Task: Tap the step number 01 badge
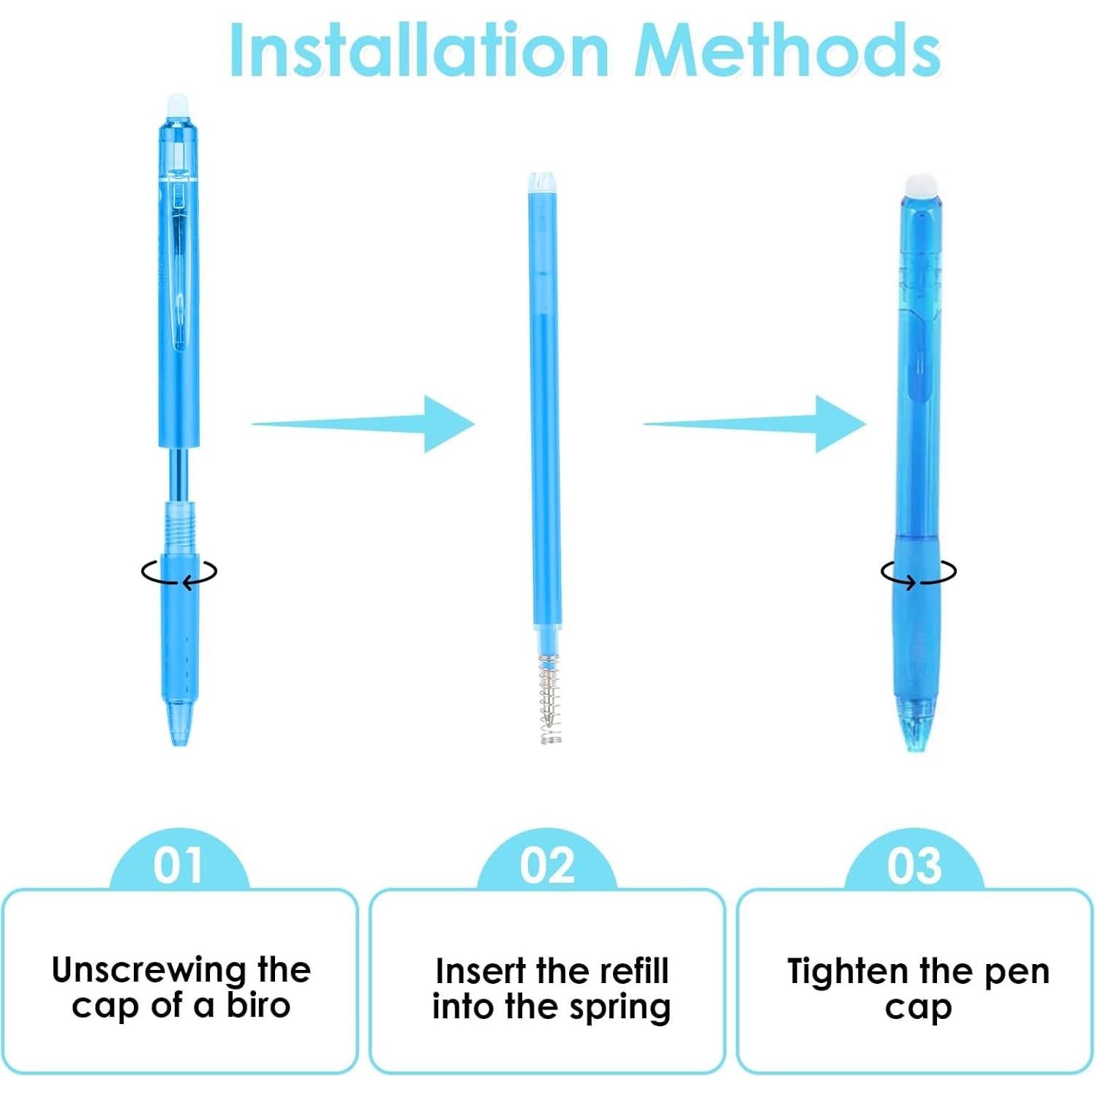tap(178, 865)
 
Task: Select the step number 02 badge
tap(546, 865)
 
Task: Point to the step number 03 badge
tap(914, 865)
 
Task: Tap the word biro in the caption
tap(258, 1006)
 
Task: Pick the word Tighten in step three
tap(848, 971)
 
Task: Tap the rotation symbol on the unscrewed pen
tap(179, 573)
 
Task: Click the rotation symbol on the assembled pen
tap(918, 573)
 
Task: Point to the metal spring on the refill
tap(550, 699)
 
